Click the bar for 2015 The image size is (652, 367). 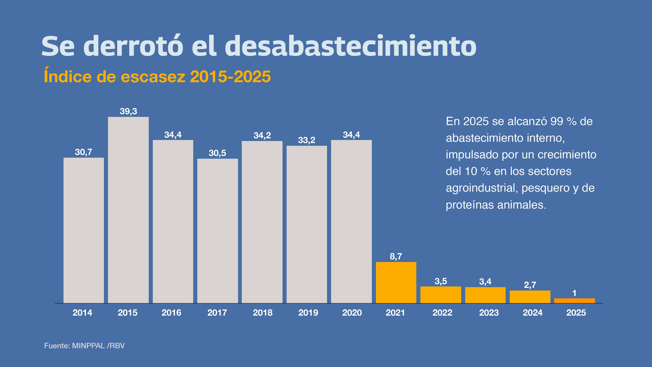tap(128, 210)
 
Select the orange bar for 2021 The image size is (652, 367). tap(396, 282)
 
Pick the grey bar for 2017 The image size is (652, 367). tap(218, 231)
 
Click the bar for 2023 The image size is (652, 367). tap(485, 295)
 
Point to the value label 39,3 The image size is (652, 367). tap(128, 111)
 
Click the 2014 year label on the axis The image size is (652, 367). tap(82, 313)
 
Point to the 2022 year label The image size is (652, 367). tap(442, 313)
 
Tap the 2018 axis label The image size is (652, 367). tap(263, 313)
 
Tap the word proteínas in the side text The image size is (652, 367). tap(469, 205)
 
